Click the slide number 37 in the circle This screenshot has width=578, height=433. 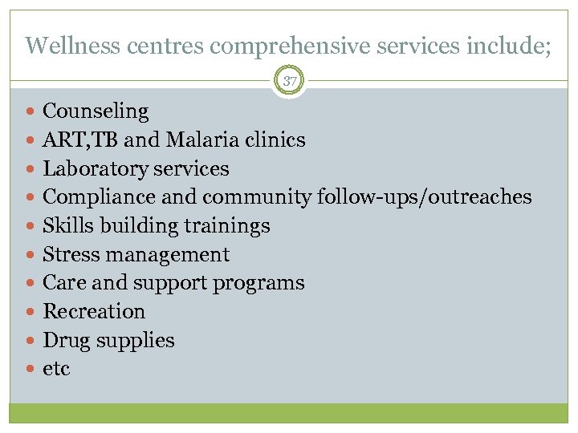[x=289, y=81]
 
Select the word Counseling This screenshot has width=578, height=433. [x=96, y=111]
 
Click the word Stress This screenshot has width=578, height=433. [x=71, y=254]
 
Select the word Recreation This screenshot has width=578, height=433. [x=94, y=311]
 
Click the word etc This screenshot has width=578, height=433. [x=56, y=369]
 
